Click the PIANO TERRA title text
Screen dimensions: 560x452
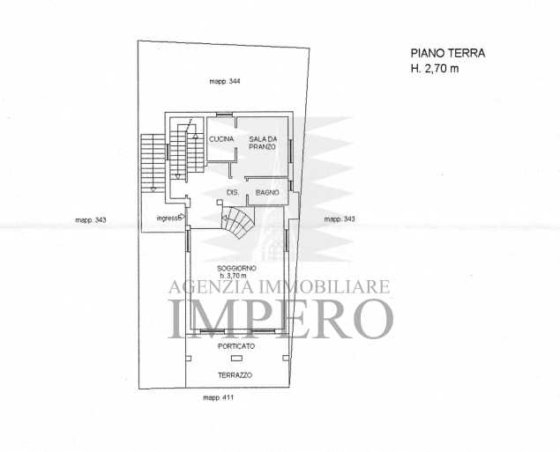(x=448, y=53)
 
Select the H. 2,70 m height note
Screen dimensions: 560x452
(x=435, y=68)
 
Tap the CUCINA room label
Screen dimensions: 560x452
(x=221, y=139)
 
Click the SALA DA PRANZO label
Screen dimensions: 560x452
(x=263, y=143)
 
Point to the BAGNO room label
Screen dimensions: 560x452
(x=267, y=193)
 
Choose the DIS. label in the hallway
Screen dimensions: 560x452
(x=233, y=193)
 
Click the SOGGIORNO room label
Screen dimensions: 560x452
(x=236, y=268)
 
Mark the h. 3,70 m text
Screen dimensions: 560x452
(x=233, y=276)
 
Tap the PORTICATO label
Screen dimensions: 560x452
(x=236, y=346)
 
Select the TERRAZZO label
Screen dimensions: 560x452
(x=235, y=375)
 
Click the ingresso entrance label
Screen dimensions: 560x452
(x=170, y=218)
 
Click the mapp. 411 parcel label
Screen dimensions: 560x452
(x=218, y=397)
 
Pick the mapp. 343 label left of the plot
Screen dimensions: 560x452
(x=91, y=220)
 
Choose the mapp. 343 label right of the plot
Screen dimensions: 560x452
(x=340, y=219)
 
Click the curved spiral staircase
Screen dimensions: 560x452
(x=237, y=223)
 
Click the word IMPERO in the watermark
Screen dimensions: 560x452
(x=281, y=319)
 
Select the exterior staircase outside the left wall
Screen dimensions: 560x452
(x=153, y=162)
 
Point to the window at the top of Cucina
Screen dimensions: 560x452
(x=225, y=115)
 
